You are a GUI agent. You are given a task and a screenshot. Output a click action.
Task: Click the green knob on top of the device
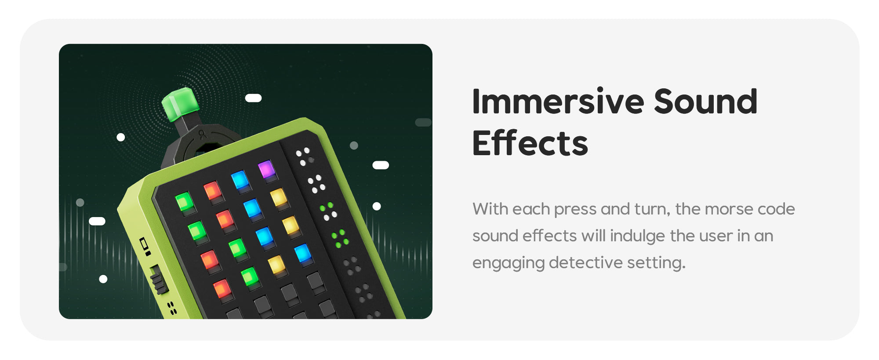coord(180,104)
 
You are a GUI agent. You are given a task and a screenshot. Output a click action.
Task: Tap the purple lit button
coord(266,170)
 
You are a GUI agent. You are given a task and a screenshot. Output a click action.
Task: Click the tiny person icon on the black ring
coord(202,134)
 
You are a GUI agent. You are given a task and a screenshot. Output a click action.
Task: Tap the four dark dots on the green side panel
coord(172,308)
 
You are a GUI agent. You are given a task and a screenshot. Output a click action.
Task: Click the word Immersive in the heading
coord(558,102)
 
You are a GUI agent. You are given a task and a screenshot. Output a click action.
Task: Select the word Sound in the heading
coord(706,102)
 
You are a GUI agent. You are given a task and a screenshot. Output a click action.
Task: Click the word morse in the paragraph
coord(726,209)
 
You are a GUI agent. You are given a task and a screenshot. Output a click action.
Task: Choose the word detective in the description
coord(586,262)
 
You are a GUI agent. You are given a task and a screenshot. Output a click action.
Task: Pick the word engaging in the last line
coord(509,263)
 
